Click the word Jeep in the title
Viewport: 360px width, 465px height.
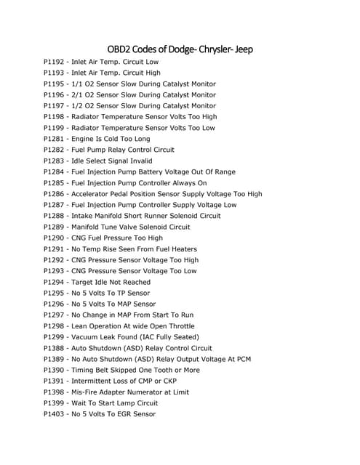241,49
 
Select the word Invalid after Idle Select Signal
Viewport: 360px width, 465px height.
137,161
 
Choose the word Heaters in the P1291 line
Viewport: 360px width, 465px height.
181,249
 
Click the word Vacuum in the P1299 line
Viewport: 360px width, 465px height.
87,337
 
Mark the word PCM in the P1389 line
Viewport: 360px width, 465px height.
244,359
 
